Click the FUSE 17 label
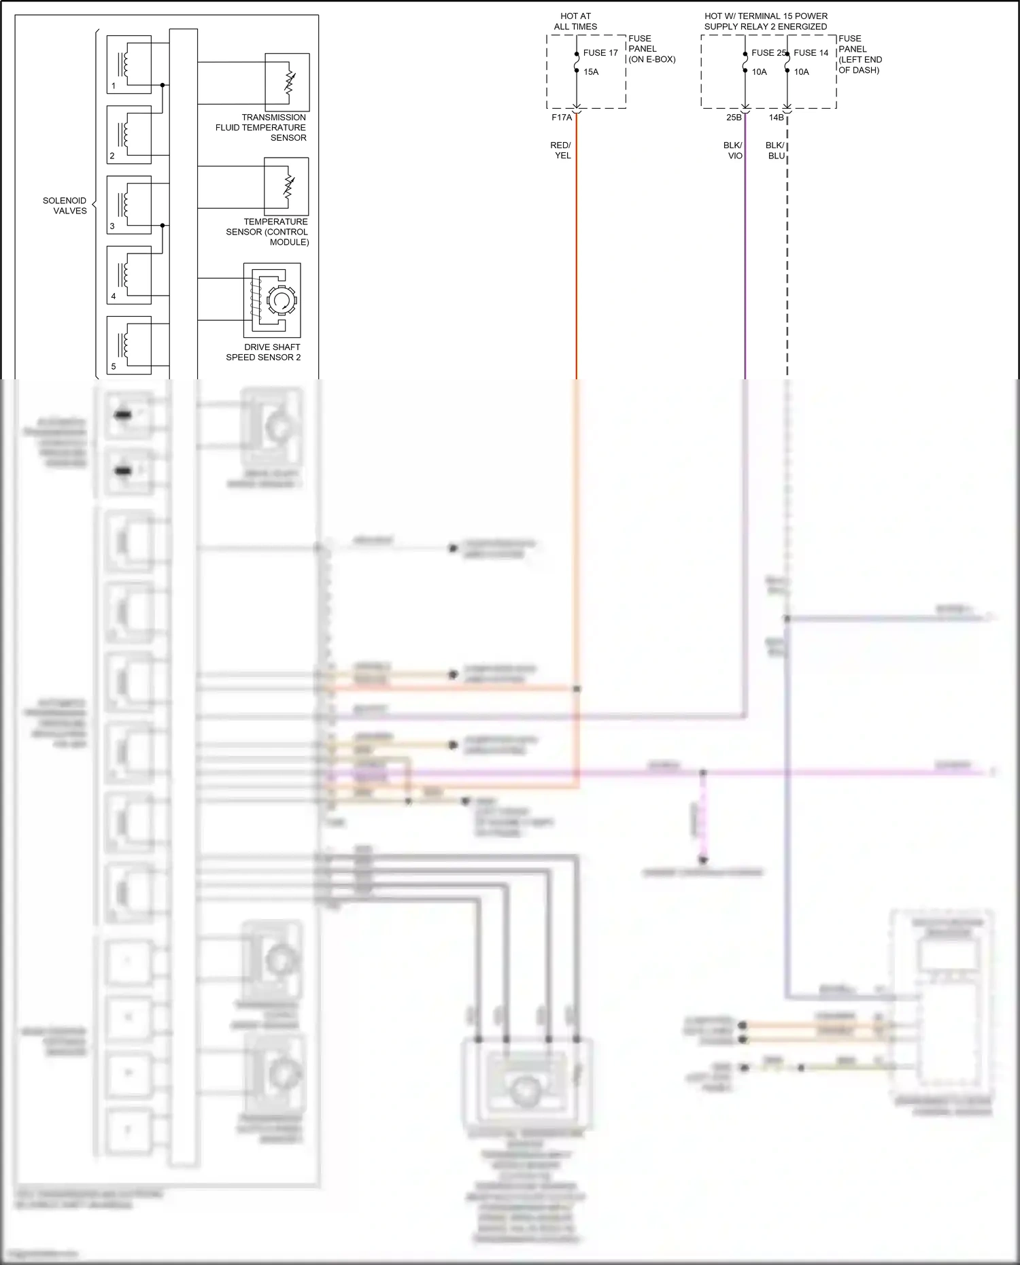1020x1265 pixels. (600, 53)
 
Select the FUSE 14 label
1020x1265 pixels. (811, 53)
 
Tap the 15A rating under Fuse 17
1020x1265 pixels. (591, 72)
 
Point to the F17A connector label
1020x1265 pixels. (562, 118)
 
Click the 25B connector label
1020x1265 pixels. (734, 118)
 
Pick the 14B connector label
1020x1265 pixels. (776, 118)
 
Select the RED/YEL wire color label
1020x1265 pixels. (561, 150)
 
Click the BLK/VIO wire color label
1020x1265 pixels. (733, 150)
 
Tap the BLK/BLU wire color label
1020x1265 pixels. (775, 150)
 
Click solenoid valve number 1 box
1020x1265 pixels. (129, 65)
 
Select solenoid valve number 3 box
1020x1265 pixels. (129, 205)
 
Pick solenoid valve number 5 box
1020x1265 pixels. (129, 345)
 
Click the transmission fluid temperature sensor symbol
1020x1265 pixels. (287, 82)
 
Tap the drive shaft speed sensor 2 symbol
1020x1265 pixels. (272, 300)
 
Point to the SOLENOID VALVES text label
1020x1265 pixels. (65, 205)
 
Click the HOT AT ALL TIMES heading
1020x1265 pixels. (575, 21)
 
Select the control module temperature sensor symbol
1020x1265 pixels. (286, 186)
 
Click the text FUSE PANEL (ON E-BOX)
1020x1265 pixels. (651, 49)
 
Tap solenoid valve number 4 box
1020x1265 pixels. (129, 275)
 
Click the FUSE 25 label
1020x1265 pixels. (768, 53)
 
